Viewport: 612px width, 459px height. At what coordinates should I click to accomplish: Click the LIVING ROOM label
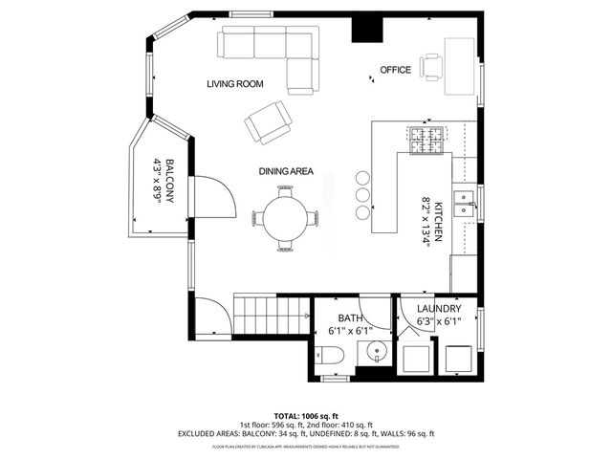point(234,84)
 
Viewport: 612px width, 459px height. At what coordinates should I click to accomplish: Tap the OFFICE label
point(395,70)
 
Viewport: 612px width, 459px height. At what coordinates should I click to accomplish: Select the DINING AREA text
point(286,171)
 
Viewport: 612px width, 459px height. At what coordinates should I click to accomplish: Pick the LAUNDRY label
point(439,309)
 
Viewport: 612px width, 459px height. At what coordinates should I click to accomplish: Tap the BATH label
point(350,317)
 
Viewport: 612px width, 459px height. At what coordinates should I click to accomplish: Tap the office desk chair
point(433,66)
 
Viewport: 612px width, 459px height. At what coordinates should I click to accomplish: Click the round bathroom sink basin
point(376,351)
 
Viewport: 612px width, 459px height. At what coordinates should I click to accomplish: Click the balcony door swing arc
point(216,195)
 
